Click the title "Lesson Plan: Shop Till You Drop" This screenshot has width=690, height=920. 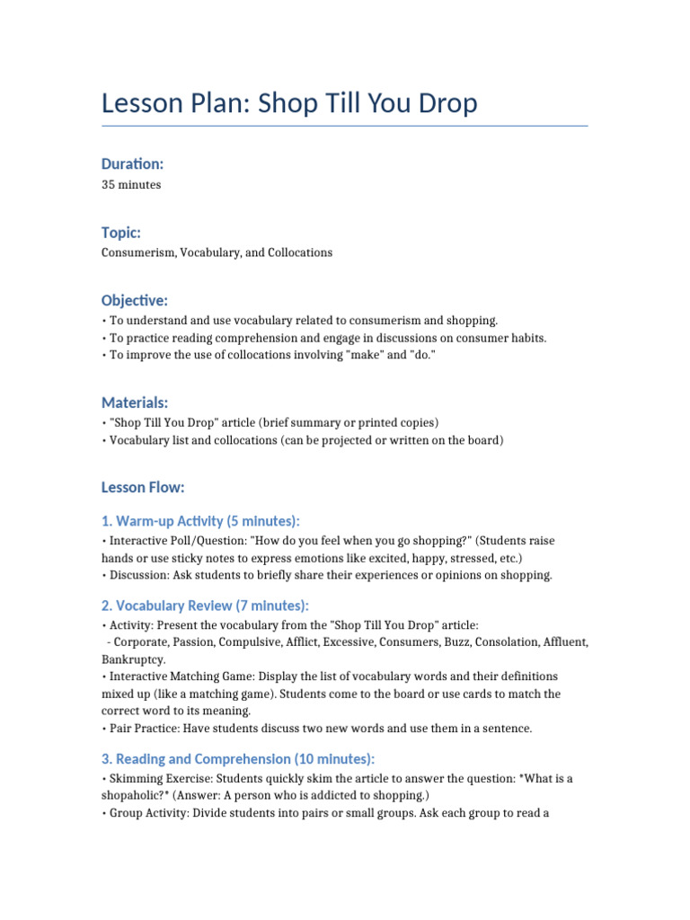pyautogui.click(x=289, y=104)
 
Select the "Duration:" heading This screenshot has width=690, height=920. pyautogui.click(x=133, y=164)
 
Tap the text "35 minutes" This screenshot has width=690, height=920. pyautogui.click(x=131, y=184)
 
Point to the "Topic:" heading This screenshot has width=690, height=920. pyautogui.click(x=121, y=233)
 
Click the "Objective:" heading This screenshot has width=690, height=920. pyautogui.click(x=135, y=300)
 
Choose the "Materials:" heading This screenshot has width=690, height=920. pyautogui.click(x=135, y=403)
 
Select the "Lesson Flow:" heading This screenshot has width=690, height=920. pyautogui.click(x=143, y=487)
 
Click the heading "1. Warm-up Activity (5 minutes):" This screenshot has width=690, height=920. pyautogui.click(x=201, y=522)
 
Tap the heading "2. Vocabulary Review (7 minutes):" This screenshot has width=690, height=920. pyautogui.click(x=205, y=606)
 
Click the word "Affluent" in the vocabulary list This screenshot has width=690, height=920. pyautogui.click(x=564, y=642)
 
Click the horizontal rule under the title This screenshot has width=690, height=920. pyautogui.click(x=345, y=126)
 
